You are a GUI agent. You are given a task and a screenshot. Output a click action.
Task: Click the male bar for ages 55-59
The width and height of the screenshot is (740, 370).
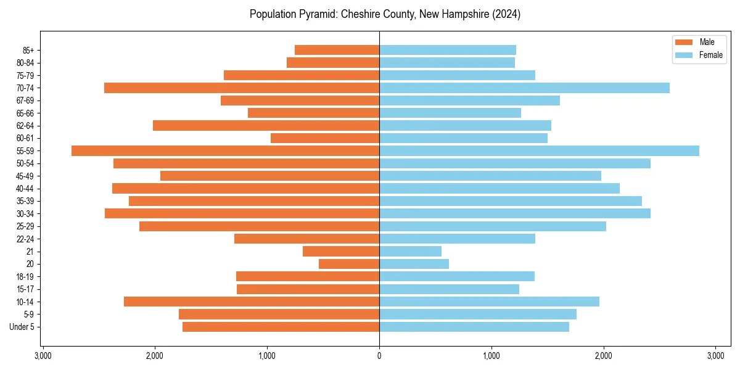(225, 151)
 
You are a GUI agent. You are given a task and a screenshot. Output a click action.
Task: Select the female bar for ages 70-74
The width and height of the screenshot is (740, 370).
(524, 88)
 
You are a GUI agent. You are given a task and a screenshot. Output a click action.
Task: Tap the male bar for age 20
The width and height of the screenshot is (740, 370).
(349, 264)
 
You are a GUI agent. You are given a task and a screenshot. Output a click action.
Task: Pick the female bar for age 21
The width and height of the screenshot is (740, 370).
(410, 252)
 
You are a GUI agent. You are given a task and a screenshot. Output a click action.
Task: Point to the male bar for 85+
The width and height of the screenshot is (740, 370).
(337, 50)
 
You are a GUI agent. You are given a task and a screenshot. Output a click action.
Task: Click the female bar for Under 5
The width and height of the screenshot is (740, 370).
(474, 327)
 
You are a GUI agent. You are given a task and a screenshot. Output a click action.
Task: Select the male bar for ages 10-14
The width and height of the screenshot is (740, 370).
(252, 302)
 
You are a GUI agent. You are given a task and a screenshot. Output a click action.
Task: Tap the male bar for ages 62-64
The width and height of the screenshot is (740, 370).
(266, 126)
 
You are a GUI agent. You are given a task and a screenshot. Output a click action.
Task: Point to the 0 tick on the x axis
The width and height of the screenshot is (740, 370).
(379, 356)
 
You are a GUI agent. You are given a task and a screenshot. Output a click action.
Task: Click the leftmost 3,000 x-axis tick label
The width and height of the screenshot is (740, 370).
(43, 356)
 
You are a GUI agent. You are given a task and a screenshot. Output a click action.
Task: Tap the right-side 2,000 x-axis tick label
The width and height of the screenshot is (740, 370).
(603, 356)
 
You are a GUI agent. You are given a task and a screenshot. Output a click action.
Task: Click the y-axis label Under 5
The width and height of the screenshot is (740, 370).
(22, 327)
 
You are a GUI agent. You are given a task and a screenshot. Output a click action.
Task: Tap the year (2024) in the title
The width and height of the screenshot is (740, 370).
(505, 14)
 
